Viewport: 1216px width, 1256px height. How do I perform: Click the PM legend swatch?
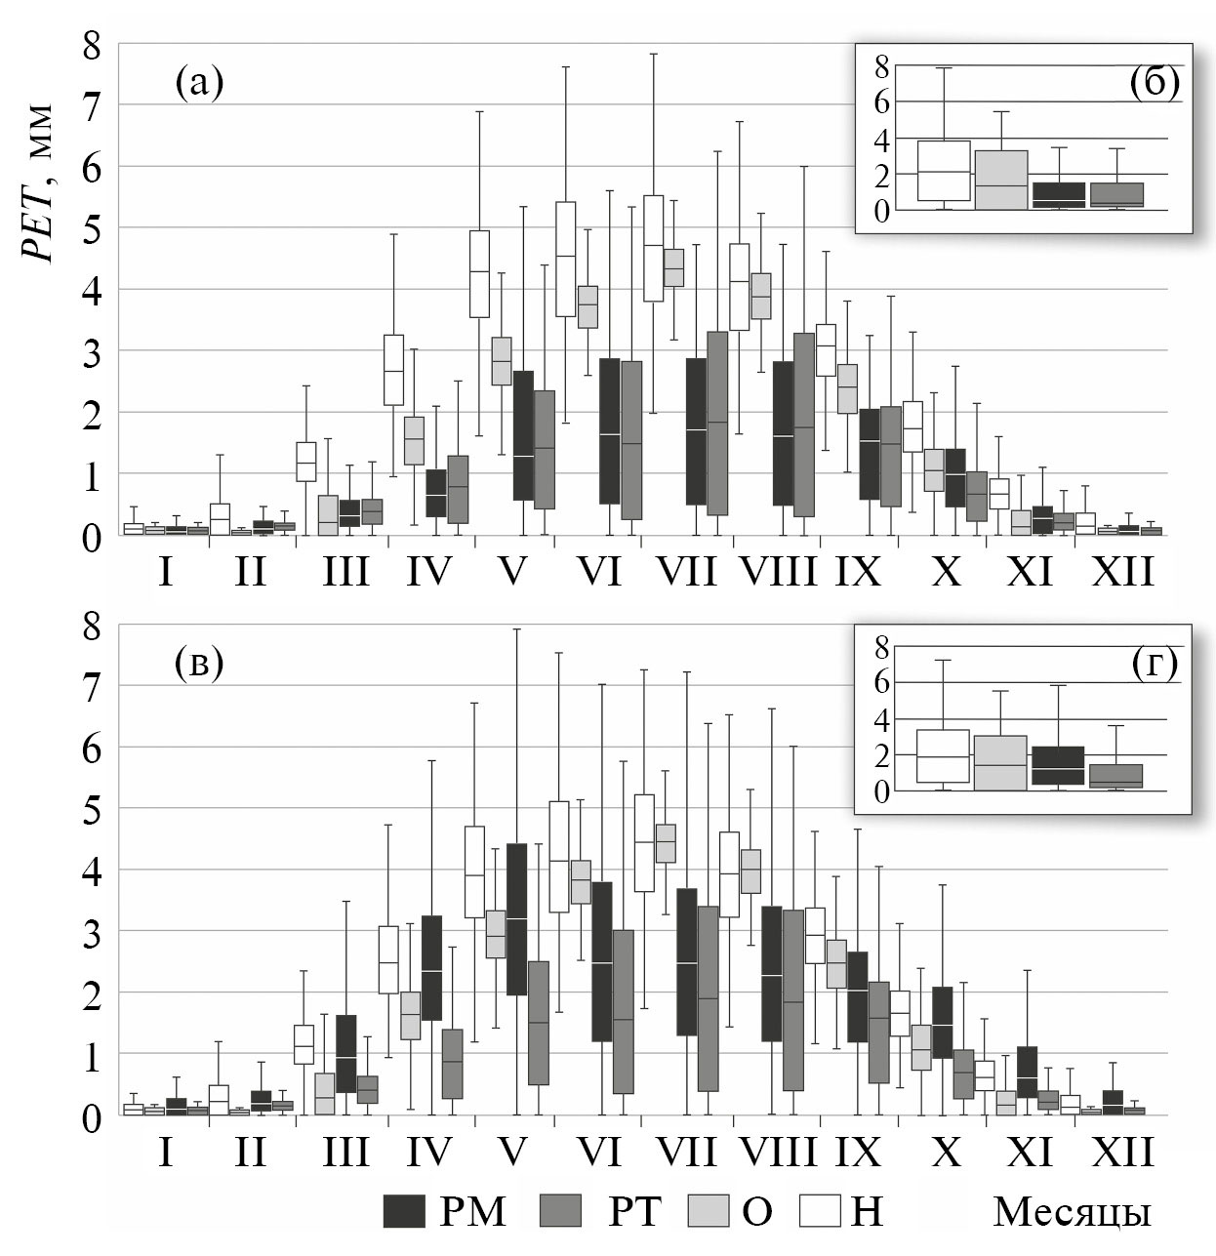(x=404, y=1211)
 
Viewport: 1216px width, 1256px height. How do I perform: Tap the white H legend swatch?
(x=820, y=1211)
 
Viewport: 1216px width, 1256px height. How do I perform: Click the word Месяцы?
(x=1072, y=1211)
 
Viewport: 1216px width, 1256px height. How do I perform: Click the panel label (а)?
(x=199, y=82)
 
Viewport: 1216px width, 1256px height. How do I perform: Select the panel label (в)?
(x=199, y=663)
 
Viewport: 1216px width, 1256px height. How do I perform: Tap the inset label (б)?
(x=1155, y=82)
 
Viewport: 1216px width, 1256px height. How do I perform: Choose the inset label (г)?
(x=1155, y=663)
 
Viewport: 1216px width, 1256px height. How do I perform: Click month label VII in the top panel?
(x=687, y=571)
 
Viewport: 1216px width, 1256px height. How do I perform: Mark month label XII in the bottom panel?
(x=1122, y=1152)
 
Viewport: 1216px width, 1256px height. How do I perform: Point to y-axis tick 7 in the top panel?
(x=92, y=105)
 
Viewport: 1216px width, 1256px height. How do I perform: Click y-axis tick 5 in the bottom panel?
(x=92, y=809)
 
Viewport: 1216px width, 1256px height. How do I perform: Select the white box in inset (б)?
(x=944, y=171)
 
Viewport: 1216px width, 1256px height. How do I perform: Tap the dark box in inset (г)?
(x=1057, y=765)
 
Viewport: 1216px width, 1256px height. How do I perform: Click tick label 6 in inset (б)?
(x=880, y=101)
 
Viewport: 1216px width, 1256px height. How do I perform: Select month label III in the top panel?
(x=346, y=571)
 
